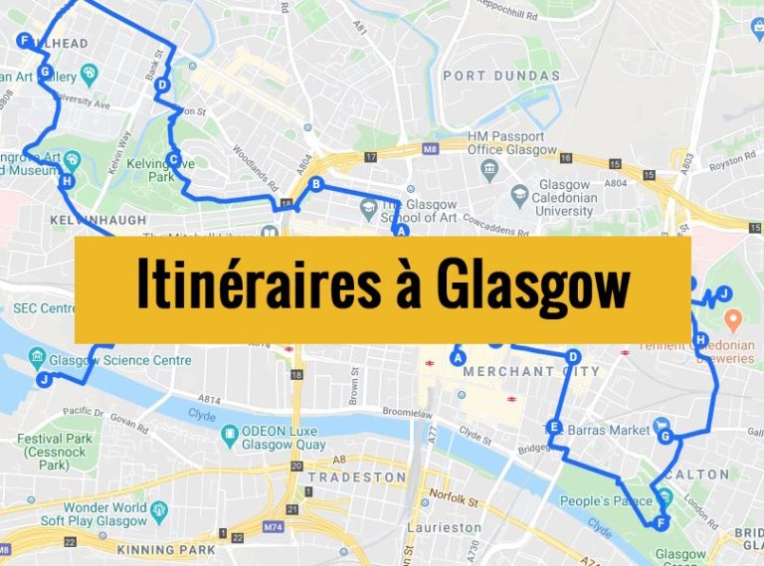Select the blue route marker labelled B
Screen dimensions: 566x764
coord(315,183)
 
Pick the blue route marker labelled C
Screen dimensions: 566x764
coord(173,159)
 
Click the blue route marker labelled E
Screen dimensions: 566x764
coord(554,427)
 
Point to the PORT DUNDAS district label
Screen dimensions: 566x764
coord(501,76)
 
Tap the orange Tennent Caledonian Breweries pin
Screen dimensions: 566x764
coord(734,320)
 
